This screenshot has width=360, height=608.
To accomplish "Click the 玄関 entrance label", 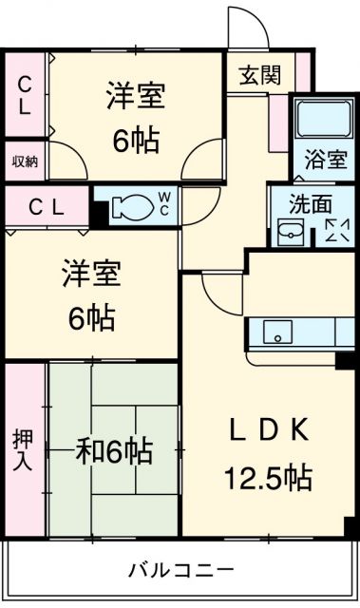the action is point(259,75).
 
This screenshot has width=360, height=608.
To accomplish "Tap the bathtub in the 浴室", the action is point(324,118).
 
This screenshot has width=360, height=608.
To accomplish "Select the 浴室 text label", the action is point(325,160).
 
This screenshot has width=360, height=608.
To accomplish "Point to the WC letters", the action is point(163,204).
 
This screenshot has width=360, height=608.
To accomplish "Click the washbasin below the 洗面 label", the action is point(291,233).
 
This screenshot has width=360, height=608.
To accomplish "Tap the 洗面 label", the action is point(311,204).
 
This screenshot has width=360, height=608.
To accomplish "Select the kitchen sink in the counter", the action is point(278,332).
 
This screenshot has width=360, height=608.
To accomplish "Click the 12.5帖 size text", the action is point(268,477).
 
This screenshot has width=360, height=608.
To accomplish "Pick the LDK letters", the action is point(270,429).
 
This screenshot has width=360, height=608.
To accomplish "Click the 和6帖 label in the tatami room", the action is point(114,451).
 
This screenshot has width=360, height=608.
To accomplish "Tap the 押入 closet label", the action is point(23,449).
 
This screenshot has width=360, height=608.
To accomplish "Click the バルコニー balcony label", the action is point(181,570).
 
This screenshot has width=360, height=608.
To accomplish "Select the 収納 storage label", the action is point(25,161).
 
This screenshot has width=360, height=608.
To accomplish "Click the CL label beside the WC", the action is point(47,208).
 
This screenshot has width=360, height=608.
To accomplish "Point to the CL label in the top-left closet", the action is point(25,95).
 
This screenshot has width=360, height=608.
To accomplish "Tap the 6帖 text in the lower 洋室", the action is point(91,317).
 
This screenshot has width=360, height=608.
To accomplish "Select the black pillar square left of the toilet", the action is point(99,215).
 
